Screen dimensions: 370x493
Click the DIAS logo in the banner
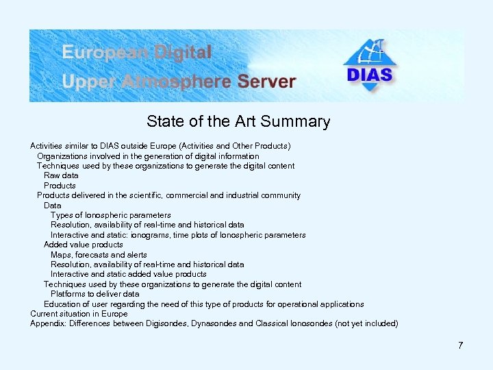[x=370, y=65]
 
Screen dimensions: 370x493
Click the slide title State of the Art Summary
[x=238, y=122]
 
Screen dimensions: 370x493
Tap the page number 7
[x=461, y=345]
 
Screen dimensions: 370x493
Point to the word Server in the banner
[x=267, y=82]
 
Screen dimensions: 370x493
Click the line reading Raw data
[x=61, y=175]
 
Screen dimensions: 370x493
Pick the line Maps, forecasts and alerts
[x=99, y=255]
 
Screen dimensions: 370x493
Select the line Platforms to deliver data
[x=94, y=294]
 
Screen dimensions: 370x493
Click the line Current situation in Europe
[x=79, y=314]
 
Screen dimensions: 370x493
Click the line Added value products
[x=84, y=245]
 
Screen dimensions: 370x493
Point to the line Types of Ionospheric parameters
[x=111, y=215]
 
